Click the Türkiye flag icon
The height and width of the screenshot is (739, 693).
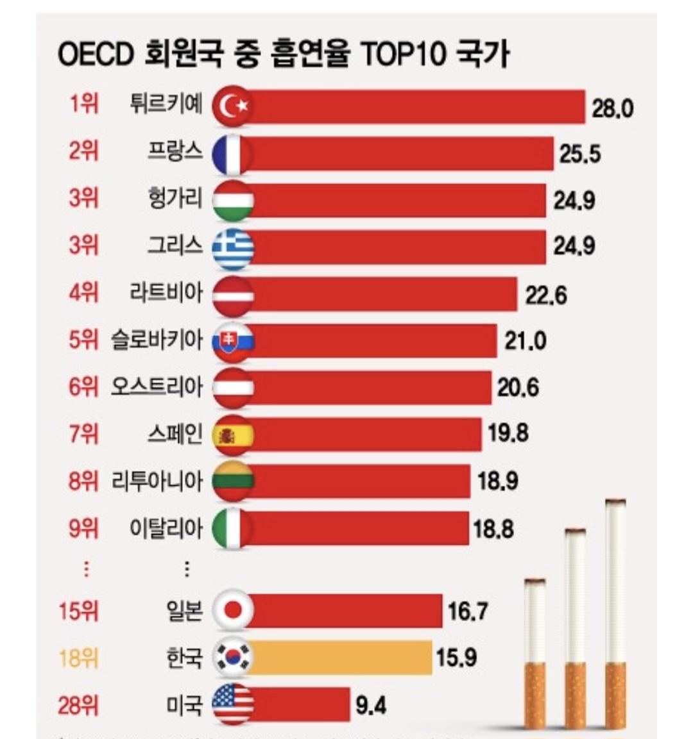tap(233, 106)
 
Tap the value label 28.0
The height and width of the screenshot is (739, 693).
tap(612, 108)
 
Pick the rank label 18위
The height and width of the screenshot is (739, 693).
tap(79, 658)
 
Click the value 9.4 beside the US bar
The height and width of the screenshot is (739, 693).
tap(371, 706)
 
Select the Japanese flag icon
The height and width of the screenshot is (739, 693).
tap(233, 610)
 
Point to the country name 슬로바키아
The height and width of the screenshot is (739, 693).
tap(157, 340)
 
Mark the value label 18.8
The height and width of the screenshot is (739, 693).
tap(493, 529)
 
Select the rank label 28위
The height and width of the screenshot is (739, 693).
tap(79, 706)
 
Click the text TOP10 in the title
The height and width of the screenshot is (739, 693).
tap(402, 55)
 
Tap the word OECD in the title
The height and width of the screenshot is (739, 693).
tap(94, 55)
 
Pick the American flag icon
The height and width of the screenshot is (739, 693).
tap(233, 705)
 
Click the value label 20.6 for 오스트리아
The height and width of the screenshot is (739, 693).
tap(518, 387)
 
